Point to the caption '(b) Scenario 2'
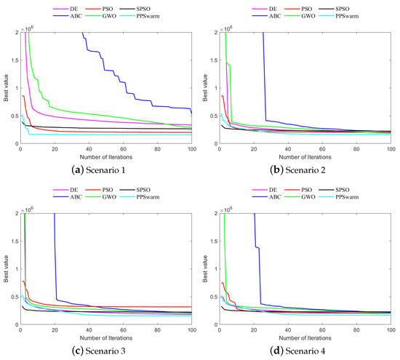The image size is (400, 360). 300,168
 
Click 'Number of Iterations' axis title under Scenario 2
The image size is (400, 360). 305,156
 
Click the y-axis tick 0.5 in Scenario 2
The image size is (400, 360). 212,116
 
